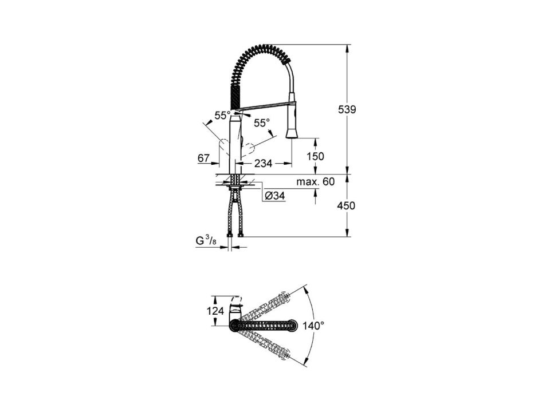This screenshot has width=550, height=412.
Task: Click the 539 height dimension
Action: (x=347, y=110)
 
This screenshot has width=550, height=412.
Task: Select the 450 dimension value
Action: (x=346, y=205)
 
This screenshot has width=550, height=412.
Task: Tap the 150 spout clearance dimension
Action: (x=315, y=156)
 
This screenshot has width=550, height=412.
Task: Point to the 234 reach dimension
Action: (x=263, y=163)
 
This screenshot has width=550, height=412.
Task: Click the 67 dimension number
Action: (x=203, y=159)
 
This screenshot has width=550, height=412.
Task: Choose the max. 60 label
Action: (x=315, y=182)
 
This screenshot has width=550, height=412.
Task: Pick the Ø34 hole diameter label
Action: (x=274, y=196)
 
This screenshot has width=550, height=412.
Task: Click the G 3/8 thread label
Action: (x=206, y=241)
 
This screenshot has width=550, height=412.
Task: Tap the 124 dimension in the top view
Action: (x=215, y=310)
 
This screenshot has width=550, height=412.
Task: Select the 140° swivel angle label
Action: (x=313, y=326)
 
